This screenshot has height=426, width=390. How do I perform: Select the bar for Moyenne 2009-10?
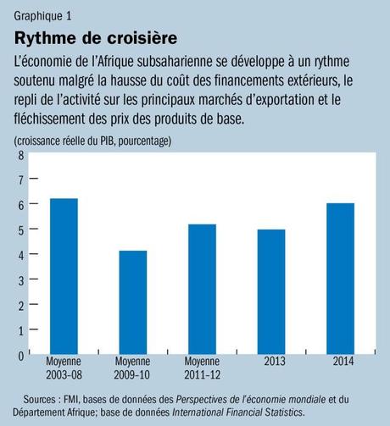(132, 302)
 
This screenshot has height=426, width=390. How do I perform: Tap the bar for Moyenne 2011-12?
(202, 289)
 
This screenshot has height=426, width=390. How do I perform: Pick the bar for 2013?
(271, 291)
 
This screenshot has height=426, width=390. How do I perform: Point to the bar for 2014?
(341, 279)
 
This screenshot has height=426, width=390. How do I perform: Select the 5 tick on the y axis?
(20, 230)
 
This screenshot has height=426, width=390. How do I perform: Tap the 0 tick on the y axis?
(20, 357)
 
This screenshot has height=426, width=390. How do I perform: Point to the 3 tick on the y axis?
(20, 280)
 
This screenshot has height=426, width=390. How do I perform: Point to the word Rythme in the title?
(46, 39)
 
